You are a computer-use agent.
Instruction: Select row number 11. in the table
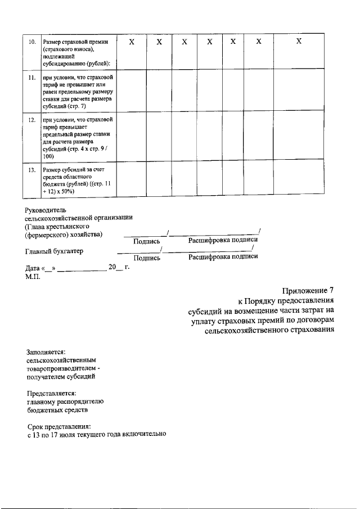click(32, 76)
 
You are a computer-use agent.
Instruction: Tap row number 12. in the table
click(32, 120)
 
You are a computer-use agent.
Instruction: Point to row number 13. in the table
click(32, 169)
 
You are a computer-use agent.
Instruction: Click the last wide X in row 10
click(299, 42)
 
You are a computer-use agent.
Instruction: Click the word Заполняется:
click(47, 351)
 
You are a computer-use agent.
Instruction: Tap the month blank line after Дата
click(82, 268)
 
